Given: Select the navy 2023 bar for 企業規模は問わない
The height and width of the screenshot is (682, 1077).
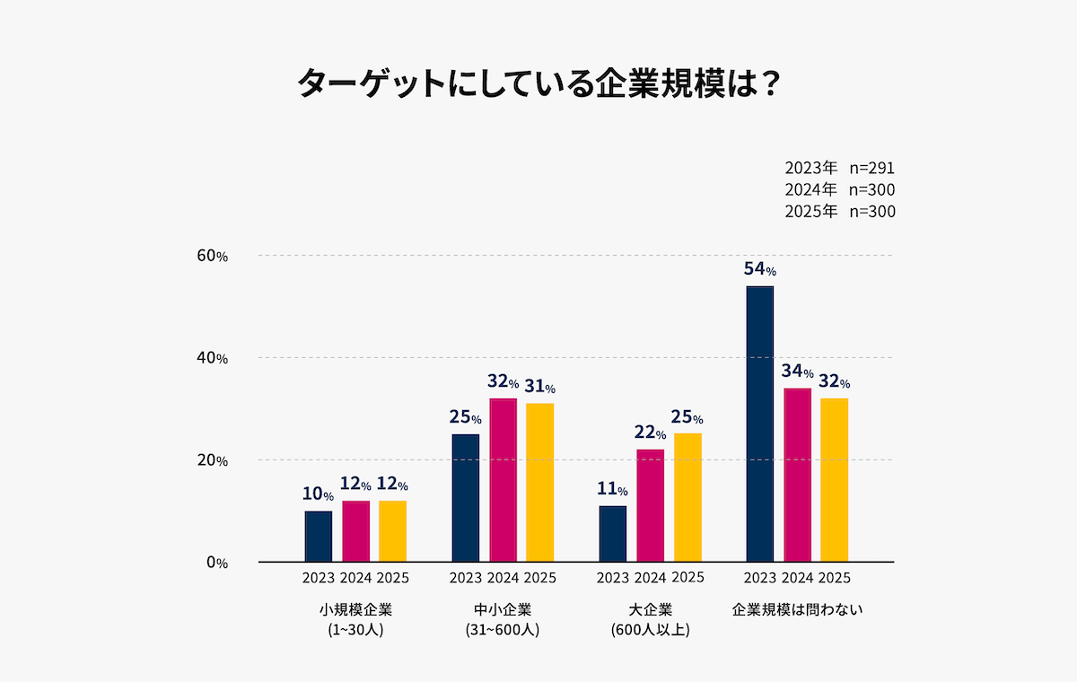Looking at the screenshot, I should point(759,424).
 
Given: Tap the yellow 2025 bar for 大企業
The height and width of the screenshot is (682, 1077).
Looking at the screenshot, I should point(687,497).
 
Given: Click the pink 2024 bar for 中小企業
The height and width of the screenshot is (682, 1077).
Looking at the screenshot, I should point(503,480).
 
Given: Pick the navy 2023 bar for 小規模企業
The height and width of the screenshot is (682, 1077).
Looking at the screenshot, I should point(319,536).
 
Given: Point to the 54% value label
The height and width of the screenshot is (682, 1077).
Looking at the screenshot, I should point(759,269).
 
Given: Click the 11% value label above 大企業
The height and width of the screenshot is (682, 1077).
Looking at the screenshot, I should point(612,490).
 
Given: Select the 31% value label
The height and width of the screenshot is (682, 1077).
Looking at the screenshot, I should point(539,387).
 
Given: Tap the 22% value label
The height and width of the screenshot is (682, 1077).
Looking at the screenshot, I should point(651,433).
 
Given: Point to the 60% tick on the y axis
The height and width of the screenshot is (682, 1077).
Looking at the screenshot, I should point(213,256).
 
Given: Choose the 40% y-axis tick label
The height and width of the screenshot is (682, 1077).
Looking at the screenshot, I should point(213,358).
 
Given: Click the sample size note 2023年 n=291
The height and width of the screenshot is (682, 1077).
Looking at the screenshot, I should point(839,168).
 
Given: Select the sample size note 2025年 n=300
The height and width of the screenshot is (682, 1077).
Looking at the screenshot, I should point(839,212).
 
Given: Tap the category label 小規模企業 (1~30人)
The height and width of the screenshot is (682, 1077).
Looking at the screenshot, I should point(355,619).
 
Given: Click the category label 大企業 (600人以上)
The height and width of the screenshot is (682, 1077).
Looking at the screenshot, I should point(650,619).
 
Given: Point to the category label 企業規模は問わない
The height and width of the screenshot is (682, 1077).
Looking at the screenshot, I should point(797,609).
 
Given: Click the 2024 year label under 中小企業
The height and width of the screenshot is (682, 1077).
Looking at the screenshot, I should point(503,577).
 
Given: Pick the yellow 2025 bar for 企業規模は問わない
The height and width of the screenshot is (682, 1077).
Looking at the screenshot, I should point(834,480).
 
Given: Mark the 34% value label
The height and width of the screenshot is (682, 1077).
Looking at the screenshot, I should point(797,372).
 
